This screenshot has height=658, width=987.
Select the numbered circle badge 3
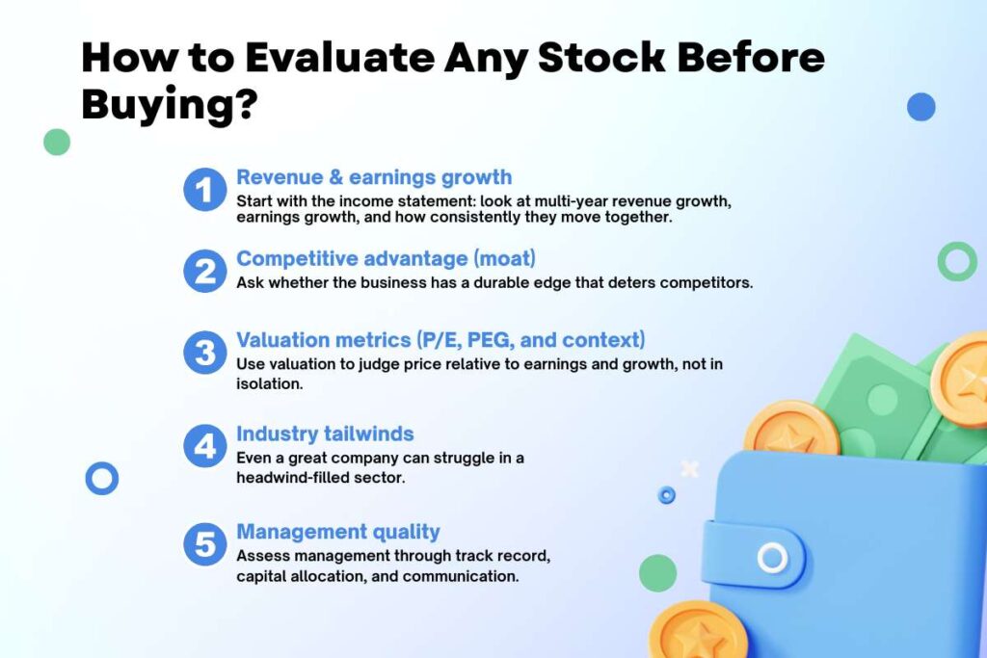point(203,353)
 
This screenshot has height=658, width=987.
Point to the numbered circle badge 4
point(203,448)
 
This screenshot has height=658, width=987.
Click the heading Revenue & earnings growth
point(374,177)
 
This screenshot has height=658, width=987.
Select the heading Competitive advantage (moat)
point(387,258)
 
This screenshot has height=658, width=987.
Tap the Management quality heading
point(337,531)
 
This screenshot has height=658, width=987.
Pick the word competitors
point(694,283)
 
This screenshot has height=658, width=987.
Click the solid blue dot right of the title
point(920,107)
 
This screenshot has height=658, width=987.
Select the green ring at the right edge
point(957,261)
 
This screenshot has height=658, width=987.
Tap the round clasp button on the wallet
point(772,557)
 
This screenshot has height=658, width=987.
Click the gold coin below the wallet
point(698,631)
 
